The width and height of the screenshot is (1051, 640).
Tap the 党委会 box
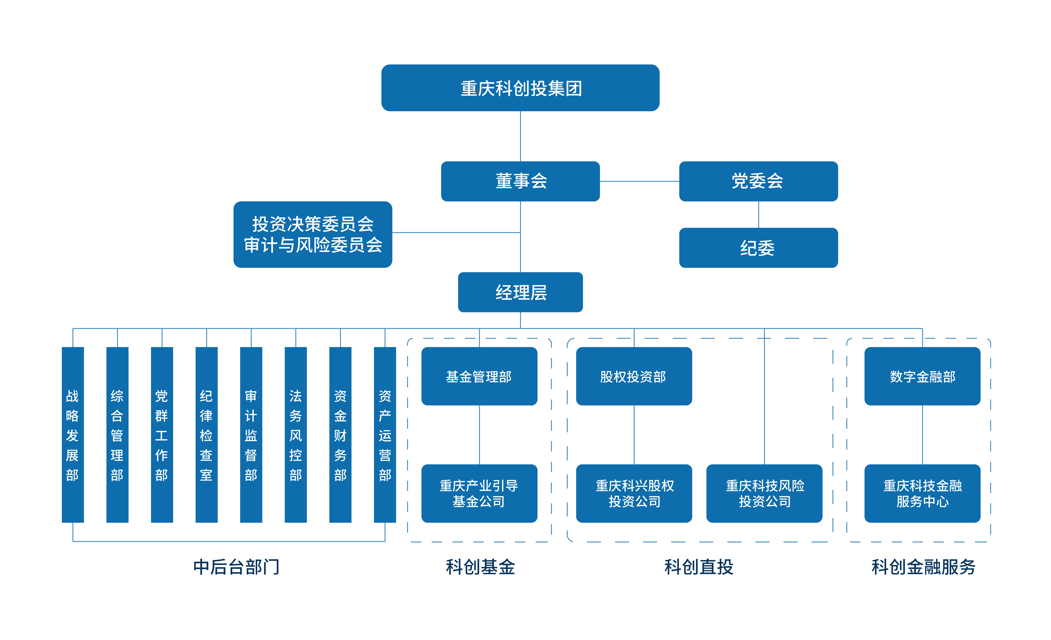tap(758, 181)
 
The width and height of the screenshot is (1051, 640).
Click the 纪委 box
tap(758, 248)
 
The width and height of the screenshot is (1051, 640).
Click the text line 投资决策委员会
tap(313, 224)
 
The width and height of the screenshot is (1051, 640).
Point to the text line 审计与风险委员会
tap(313, 245)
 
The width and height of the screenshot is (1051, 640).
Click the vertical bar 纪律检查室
tap(206, 435)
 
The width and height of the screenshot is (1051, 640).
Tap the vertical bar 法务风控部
tap(296, 435)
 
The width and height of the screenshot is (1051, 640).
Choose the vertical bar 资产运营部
tap(385, 435)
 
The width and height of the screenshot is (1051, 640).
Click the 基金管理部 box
tap(479, 376)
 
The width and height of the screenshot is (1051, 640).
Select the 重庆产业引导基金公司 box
tap(479, 493)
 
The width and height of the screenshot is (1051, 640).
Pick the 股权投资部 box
tap(634, 376)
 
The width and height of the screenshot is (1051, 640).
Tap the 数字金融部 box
tap(922, 376)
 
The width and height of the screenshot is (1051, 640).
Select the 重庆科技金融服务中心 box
tap(922, 493)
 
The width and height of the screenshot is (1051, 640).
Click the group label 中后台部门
tap(236, 567)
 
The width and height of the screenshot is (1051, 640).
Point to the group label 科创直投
tap(699, 567)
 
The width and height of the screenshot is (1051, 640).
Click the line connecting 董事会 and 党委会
tap(639, 181)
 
